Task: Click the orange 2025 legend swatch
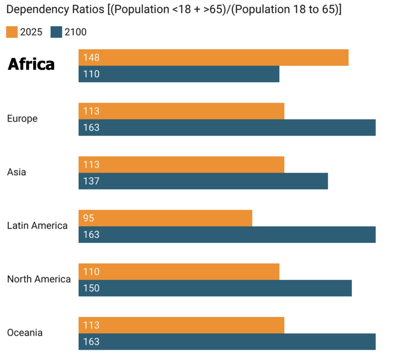pyautogui.click(x=12, y=32)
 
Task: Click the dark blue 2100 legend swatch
pyautogui.click(x=56, y=32)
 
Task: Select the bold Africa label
pyautogui.click(x=31, y=64)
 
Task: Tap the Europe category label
pyautogui.click(x=22, y=119)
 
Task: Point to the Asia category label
pyautogui.click(x=16, y=172)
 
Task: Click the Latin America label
pyautogui.click(x=37, y=225)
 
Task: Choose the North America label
pyautogui.click(x=39, y=279)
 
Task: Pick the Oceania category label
pyautogui.click(x=25, y=332)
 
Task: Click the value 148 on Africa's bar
pyautogui.click(x=91, y=57)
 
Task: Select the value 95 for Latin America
pyautogui.click(x=89, y=218)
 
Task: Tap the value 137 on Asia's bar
pyautogui.click(x=91, y=181)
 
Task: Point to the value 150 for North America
pyautogui.click(x=91, y=288)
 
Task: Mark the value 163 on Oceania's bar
pyautogui.click(x=91, y=342)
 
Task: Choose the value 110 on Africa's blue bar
pyautogui.click(x=91, y=74)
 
